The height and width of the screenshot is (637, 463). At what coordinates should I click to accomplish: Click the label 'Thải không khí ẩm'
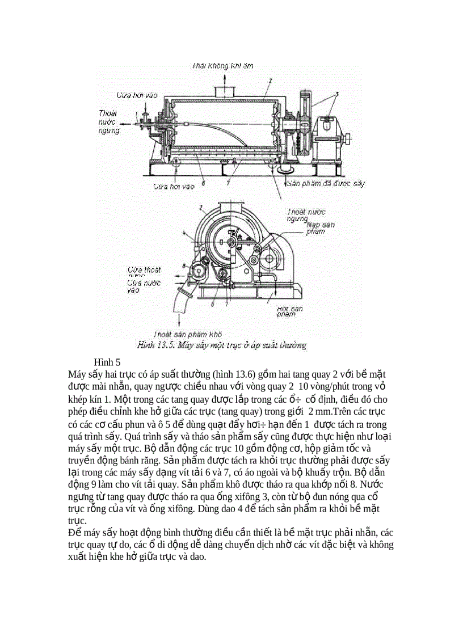pos(222,66)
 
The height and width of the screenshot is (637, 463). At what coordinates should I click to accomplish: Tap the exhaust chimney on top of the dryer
pos(224,90)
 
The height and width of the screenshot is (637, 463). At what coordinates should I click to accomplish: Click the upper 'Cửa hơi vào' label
pos(136,95)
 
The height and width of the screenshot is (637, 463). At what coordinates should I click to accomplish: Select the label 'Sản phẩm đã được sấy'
pos(326,184)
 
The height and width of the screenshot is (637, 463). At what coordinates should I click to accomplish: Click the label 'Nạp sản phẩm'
pos(319,228)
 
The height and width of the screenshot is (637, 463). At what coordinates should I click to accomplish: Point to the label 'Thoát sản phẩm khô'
pos(187,334)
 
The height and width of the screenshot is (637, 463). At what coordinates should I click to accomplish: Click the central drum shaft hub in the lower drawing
pos(231,243)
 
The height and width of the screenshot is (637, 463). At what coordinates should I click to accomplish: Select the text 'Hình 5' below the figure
pos(108,361)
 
